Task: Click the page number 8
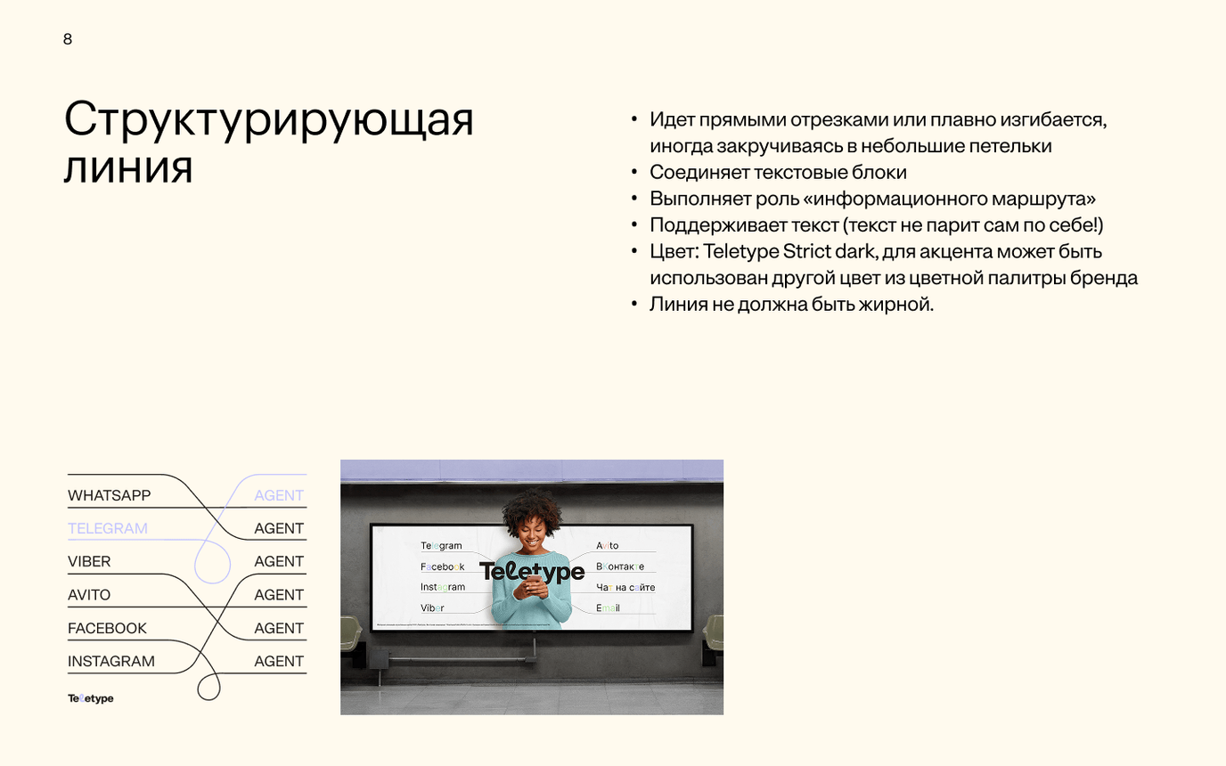click(68, 39)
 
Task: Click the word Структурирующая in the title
click(268, 120)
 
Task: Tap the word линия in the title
click(127, 167)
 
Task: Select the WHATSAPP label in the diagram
click(109, 495)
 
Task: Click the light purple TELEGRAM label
click(107, 528)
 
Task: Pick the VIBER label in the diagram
click(89, 562)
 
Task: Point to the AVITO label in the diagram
click(89, 595)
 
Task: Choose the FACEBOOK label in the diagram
click(107, 628)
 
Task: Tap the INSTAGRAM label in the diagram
click(110, 661)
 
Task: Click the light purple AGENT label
click(279, 495)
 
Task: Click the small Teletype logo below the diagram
click(91, 698)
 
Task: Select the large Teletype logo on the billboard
click(532, 572)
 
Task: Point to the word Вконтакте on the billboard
click(620, 566)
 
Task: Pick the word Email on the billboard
click(608, 607)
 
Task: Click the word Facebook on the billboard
click(443, 566)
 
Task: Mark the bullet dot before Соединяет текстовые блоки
click(634, 173)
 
